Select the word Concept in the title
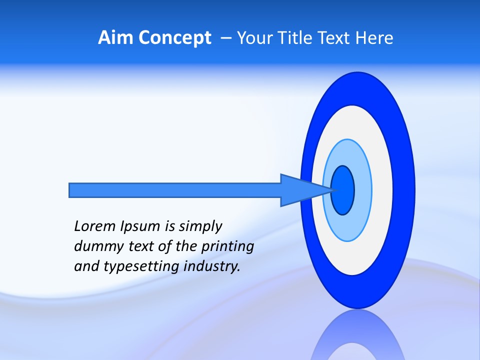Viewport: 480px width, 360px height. click(174, 38)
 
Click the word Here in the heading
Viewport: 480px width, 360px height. click(374, 38)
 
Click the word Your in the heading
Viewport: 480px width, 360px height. click(253, 38)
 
